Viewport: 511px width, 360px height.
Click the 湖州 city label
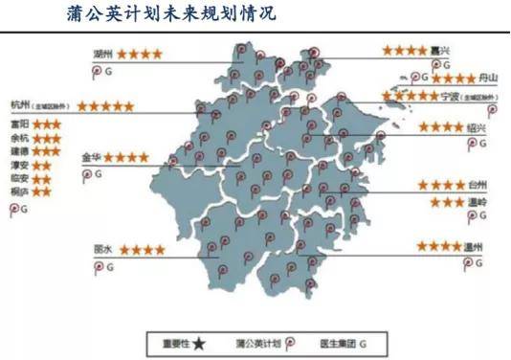coord(103,54)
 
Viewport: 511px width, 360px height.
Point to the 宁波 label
coord(452,97)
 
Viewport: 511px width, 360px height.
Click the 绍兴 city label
coord(476,127)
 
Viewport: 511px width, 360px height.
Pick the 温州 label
coord(475,247)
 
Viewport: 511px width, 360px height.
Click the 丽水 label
coord(102,249)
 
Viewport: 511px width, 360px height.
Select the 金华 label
coord(92,156)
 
